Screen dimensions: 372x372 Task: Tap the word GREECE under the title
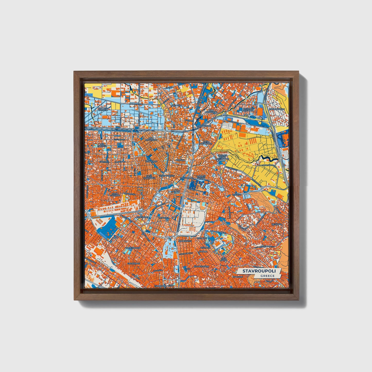tap(267, 276)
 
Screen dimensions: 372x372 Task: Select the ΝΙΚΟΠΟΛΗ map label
tap(176, 106)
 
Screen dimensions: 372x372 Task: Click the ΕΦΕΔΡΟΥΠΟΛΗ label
tap(277, 109)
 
